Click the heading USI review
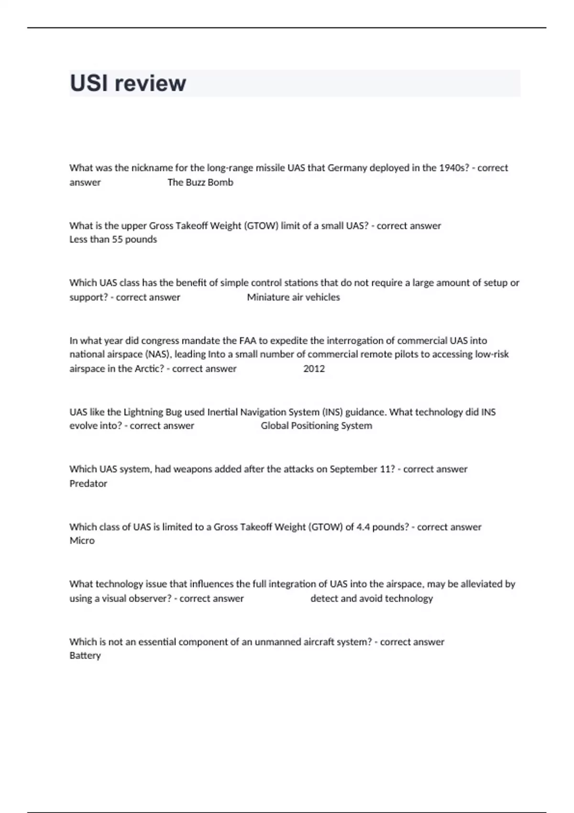pyautogui.click(x=128, y=83)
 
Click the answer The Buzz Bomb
pyautogui.click(x=200, y=182)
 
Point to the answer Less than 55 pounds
pyautogui.click(x=113, y=239)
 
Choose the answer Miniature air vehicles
pyautogui.click(x=293, y=297)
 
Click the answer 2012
pyautogui.click(x=314, y=369)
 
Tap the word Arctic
pyautogui.click(x=148, y=369)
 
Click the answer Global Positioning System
pyautogui.click(x=316, y=426)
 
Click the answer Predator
pyautogui.click(x=88, y=483)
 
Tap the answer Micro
pyautogui.click(x=82, y=540)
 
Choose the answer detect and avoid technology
pyautogui.click(x=371, y=598)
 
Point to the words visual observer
pyautogui.click(x=136, y=598)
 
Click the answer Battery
pyautogui.click(x=85, y=655)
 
